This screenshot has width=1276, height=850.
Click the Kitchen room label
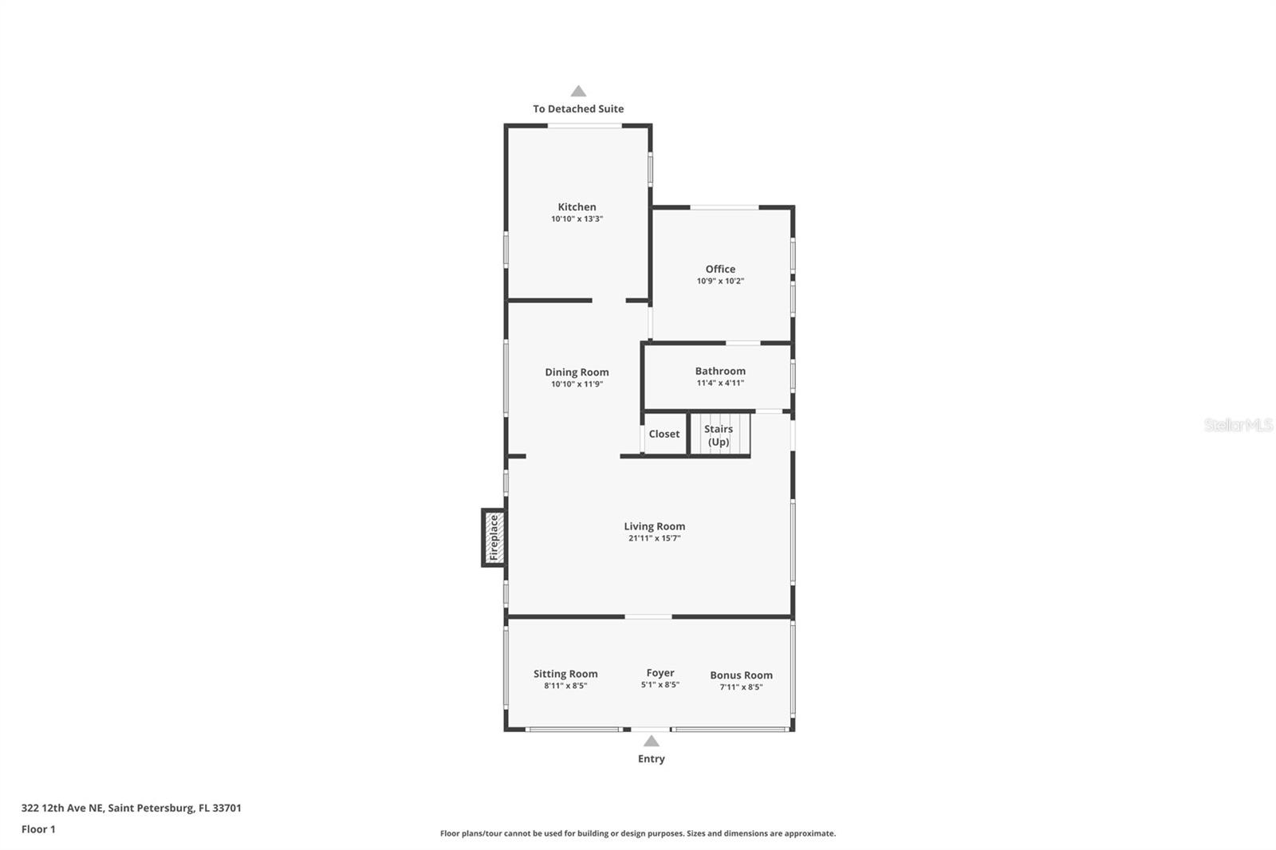(x=577, y=207)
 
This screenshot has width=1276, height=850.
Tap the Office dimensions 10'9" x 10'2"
(x=720, y=281)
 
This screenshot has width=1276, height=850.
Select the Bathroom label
(x=720, y=371)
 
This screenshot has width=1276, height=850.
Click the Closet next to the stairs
(x=664, y=434)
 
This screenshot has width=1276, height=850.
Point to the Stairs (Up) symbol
(x=719, y=435)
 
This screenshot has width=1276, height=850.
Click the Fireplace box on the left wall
(x=493, y=537)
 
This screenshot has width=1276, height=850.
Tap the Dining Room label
(x=577, y=372)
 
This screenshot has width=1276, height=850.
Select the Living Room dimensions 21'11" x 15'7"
(x=654, y=538)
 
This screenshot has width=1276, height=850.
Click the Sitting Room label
(x=565, y=674)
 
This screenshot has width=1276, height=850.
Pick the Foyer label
(x=660, y=673)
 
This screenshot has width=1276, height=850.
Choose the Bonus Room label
(x=741, y=675)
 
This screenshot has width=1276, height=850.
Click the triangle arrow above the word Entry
(x=652, y=742)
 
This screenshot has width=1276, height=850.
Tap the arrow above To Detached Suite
(x=578, y=92)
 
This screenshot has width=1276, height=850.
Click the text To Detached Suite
(x=578, y=108)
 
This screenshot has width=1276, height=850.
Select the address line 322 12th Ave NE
(x=131, y=808)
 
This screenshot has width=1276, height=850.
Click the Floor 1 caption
(x=38, y=829)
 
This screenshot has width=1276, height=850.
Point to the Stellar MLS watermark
(x=1238, y=425)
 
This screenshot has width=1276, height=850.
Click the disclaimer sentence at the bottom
(x=638, y=833)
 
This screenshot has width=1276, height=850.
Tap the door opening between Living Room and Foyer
(x=648, y=616)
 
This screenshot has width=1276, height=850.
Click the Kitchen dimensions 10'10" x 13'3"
(x=577, y=218)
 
